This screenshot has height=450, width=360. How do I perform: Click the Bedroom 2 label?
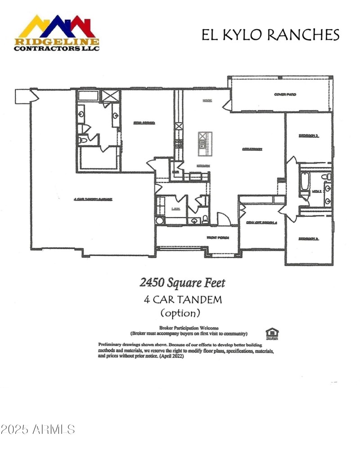pos(309,135)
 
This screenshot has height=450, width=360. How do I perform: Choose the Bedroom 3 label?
pos(309,239)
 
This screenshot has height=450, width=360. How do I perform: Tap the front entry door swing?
pos(224,218)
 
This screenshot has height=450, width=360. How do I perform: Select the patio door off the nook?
pos(226,102)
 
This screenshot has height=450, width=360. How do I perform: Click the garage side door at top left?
pos(31,96)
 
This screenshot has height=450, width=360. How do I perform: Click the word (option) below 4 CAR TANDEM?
pos(180,312)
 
